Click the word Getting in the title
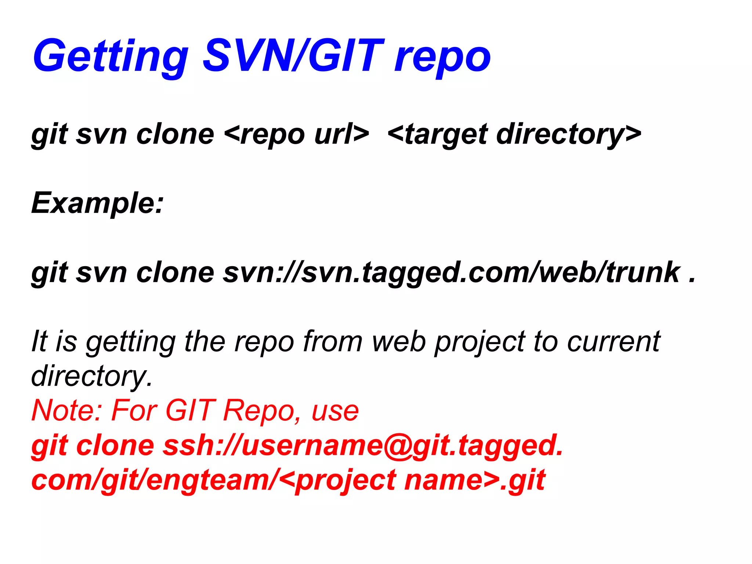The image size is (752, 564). click(110, 57)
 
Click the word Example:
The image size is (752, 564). click(97, 203)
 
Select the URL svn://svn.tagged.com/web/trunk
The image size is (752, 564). click(452, 272)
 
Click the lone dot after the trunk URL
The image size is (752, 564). click(692, 281)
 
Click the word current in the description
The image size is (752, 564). click(614, 341)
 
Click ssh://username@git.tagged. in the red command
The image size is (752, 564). click(363, 445)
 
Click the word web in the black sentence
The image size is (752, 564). click(399, 341)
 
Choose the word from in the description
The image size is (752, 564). click(333, 341)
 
